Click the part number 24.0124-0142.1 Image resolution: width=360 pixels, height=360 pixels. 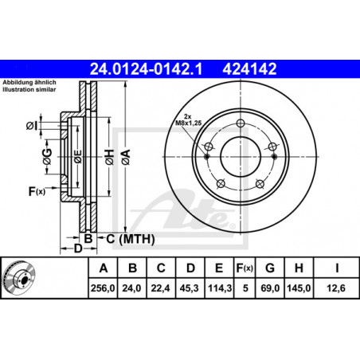point(146,69)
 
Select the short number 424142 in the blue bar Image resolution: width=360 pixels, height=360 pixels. point(249,69)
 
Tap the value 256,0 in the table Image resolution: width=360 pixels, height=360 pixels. point(103,288)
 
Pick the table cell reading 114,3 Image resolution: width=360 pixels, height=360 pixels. point(220,288)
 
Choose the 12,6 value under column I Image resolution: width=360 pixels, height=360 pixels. point(336,288)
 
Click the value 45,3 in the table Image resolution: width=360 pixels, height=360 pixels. point(189,288)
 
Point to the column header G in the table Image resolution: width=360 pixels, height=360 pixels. point(270,268)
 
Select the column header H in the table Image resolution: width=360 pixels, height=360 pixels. point(299,268)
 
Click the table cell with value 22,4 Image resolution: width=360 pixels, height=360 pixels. point(160,288)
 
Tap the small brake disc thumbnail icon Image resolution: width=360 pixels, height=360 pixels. point(18,278)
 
